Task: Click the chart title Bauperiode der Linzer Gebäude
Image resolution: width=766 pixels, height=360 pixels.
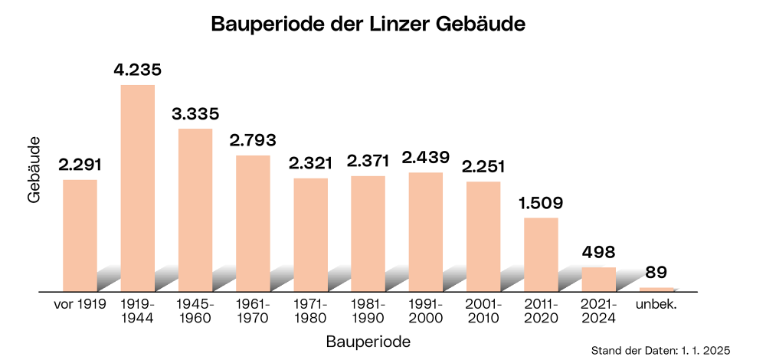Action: coord(368,25)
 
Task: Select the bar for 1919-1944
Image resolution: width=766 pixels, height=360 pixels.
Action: coord(138,188)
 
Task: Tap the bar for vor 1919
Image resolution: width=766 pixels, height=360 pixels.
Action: coord(80,235)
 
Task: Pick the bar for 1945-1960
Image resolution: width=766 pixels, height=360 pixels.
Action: coord(195,210)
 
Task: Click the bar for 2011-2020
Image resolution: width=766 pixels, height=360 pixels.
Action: coord(541,254)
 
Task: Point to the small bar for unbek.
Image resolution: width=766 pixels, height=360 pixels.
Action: coord(656,290)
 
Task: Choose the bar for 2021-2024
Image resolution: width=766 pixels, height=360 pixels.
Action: coord(599,279)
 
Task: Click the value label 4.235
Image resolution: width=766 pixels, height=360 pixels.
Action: coord(138,70)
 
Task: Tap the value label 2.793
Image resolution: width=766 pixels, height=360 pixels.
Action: coord(253,141)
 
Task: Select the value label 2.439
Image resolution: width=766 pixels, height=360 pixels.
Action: coord(426,158)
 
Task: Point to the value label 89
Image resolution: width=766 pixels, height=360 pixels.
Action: coord(656,272)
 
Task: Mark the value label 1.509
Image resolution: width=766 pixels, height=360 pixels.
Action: coord(541,204)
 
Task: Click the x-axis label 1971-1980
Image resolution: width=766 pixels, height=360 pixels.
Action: coord(310,311)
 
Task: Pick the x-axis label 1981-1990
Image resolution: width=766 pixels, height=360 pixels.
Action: coord(368,311)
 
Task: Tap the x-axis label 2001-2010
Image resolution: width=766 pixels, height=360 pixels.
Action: coord(483,311)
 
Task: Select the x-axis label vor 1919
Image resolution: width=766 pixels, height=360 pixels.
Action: coord(80,305)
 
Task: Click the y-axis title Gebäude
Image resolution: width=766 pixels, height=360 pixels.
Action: coord(34,170)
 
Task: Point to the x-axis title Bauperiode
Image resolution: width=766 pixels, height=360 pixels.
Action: coord(368,339)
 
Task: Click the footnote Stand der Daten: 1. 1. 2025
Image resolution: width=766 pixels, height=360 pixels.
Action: coord(661,350)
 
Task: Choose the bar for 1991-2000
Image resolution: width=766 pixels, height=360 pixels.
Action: coord(426,232)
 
